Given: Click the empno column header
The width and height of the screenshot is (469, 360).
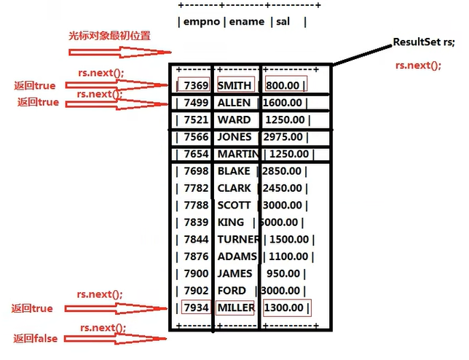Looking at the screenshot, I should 201,23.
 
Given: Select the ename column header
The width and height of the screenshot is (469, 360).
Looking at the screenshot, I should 246,23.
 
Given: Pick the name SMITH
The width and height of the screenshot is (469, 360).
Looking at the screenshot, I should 234,86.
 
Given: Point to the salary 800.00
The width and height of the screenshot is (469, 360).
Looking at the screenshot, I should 285,86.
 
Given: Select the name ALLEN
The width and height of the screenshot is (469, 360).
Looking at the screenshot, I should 234,103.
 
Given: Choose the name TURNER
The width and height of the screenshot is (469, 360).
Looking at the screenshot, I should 237,239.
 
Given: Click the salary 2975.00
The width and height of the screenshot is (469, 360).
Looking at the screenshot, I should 286,137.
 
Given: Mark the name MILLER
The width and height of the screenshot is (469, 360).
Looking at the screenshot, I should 236,308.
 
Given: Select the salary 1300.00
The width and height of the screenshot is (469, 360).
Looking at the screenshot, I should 286,308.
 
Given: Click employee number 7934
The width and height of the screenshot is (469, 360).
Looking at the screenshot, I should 197,308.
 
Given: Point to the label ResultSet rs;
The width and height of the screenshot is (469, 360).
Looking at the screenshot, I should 423,42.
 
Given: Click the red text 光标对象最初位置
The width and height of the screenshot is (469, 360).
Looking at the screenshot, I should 105,36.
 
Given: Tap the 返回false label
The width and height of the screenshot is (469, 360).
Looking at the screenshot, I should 35,338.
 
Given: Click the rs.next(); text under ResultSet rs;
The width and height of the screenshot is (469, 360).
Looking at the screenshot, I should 418,65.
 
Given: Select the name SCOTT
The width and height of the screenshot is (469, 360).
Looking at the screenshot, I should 234,205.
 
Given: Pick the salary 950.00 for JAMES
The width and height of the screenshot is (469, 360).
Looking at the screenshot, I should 285,273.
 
